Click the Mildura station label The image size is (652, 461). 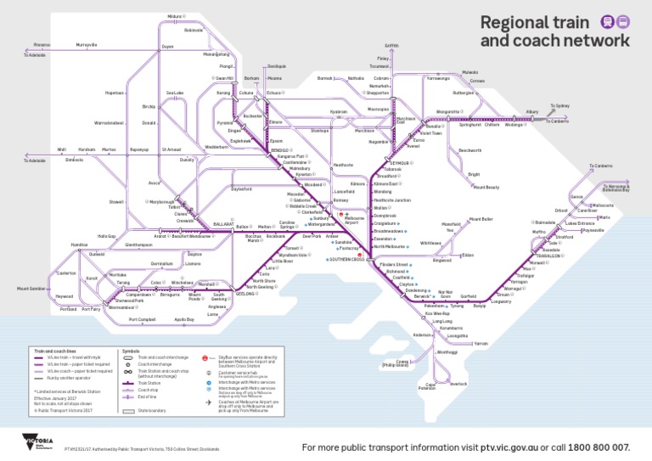175,17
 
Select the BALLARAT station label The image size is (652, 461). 222,225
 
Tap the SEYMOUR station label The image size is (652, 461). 401,162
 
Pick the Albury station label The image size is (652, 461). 532,111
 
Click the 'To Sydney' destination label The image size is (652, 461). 559,106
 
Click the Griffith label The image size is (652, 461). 391,45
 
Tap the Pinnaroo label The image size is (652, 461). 42,44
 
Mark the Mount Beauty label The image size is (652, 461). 486,187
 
